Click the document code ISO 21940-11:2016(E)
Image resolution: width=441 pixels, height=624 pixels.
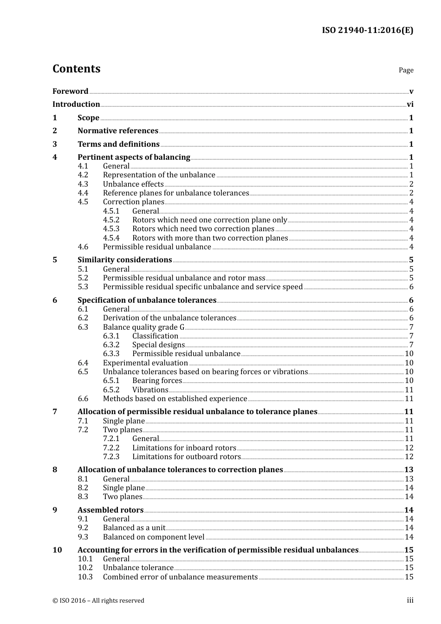pyautogui.click(x=367, y=31)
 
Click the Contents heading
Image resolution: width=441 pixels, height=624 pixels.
pyautogui.click(x=76, y=69)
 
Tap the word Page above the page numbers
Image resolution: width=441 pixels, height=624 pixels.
pyautogui.click(x=406, y=70)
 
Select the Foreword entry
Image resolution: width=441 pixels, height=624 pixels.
pyautogui.click(x=70, y=91)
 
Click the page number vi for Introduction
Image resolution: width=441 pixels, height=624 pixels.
pyautogui.click(x=410, y=104)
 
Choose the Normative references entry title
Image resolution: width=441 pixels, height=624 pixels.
pyautogui.click(x=118, y=131)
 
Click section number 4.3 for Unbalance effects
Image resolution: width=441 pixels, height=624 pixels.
pyautogui.click(x=83, y=184)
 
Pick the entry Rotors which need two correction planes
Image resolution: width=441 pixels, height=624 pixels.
pyautogui.click(x=203, y=229)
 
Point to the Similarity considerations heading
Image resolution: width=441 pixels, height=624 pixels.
pyautogui.click(x=124, y=260)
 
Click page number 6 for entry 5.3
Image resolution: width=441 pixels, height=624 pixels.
pyautogui.click(x=411, y=287)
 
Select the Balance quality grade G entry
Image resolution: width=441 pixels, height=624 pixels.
pyautogui.click(x=143, y=327)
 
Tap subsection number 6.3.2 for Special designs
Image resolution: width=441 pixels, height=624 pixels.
pyautogui.click(x=111, y=345)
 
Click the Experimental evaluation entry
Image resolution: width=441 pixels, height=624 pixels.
pyautogui.click(x=145, y=363)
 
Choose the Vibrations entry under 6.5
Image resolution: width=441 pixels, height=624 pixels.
pyautogui.click(x=150, y=390)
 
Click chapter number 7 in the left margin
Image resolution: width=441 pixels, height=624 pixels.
pyautogui.click(x=55, y=412)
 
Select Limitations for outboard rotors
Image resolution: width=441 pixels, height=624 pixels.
pyautogui.click(x=186, y=457)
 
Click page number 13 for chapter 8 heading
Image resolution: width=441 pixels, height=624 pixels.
pyautogui.click(x=409, y=470)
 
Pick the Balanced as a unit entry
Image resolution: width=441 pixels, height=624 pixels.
pyautogui.click(x=134, y=528)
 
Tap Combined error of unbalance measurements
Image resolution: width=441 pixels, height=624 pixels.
pyautogui.click(x=180, y=577)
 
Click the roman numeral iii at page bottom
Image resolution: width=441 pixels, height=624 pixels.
pyautogui.click(x=410, y=600)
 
